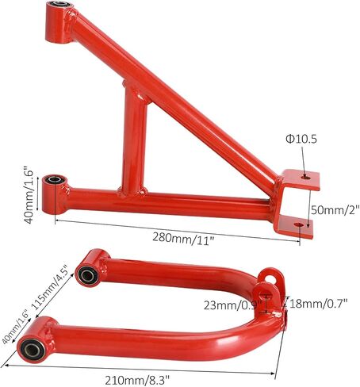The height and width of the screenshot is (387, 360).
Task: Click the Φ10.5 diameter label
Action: tap(301, 139)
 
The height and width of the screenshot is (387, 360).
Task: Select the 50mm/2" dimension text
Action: tap(335, 210)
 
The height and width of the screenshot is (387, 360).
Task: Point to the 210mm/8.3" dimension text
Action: tap(137, 381)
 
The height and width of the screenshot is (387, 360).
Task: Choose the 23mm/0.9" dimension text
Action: tap(233, 305)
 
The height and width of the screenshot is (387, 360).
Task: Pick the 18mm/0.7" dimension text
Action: tap(318, 304)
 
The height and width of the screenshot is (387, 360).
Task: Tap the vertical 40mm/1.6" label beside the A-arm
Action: tap(29, 194)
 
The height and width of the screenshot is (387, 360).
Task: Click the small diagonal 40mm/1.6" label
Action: tap(15, 327)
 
